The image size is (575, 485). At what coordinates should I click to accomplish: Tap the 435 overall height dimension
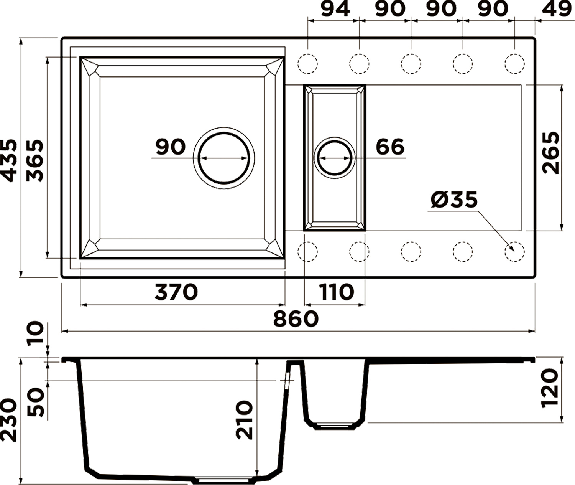tap(8, 161)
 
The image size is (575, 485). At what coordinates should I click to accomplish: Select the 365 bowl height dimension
tap(35, 161)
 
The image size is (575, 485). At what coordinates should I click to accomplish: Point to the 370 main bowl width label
tap(176, 292)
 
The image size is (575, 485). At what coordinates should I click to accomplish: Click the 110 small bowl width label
tap(336, 292)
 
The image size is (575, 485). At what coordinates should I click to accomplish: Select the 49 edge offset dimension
tap(557, 9)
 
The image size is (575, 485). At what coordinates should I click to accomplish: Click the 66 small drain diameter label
tap(390, 147)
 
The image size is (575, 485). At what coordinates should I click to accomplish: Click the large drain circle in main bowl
tap(224, 158)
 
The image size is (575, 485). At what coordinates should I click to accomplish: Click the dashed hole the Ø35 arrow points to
tap(514, 251)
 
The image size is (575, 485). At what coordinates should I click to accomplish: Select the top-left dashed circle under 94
tap(307, 64)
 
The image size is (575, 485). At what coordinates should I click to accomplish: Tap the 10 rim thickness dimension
tap(35, 333)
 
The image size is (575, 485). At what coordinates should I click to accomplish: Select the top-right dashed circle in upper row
tap(514, 64)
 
